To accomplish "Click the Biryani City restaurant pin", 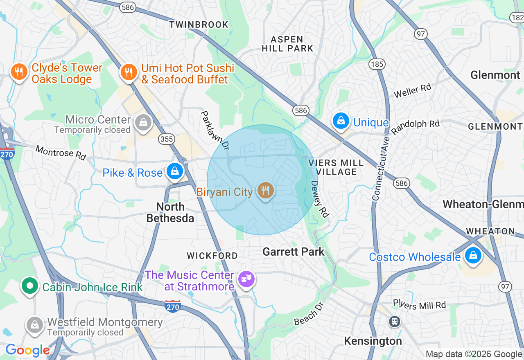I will pos(266,191).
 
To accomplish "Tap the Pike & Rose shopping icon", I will pos(175,171).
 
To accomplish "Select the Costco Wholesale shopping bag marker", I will pos(473,256).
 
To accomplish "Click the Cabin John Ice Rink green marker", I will pos(29,286).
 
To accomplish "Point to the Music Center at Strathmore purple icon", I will pos(246,279).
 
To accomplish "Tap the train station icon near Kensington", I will pos(395,321).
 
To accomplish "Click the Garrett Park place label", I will pos(294,252).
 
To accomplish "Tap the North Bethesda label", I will pos(170,212).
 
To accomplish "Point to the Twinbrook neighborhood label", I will pos(199,25).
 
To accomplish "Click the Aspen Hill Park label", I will pos(288,44).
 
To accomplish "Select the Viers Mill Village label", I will pos(336,167).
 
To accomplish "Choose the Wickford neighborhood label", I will pos(212,256).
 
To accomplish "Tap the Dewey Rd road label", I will pos(320,199).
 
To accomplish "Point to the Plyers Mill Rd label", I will pos(419,305).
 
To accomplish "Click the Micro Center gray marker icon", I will pos(143,122).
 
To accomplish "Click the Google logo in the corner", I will pos(27,350).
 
